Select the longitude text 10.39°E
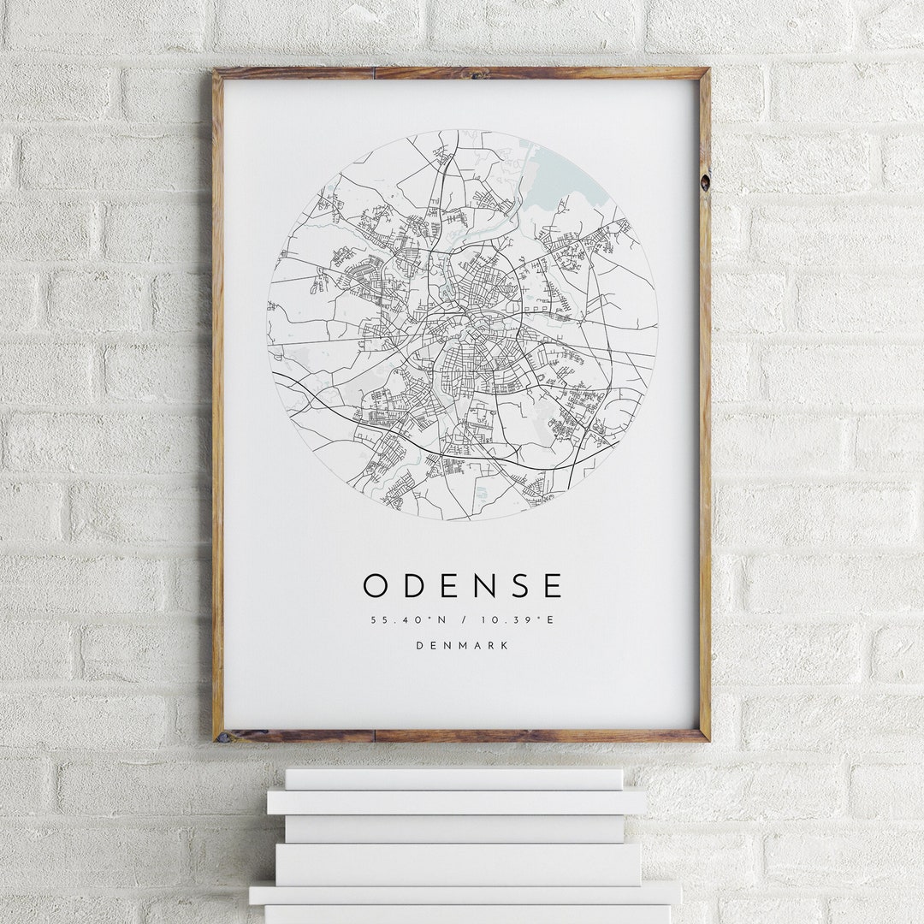click(x=520, y=620)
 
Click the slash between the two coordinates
click(x=463, y=620)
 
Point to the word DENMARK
click(x=462, y=646)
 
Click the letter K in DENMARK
click(x=505, y=646)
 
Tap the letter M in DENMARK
click(x=462, y=646)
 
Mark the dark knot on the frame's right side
click(x=704, y=181)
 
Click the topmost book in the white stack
click(x=453, y=779)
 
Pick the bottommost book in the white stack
click(x=466, y=914)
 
